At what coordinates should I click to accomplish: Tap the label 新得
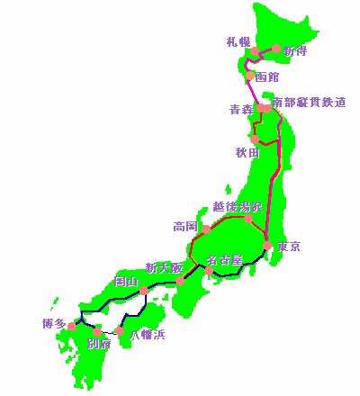(295, 50)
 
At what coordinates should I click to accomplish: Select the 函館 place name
(267, 77)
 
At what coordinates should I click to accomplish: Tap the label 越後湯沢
(238, 206)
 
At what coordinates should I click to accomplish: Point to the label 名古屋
(224, 261)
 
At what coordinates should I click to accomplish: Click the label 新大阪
(164, 268)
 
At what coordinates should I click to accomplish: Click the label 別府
(98, 343)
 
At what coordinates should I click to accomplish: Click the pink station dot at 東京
(267, 244)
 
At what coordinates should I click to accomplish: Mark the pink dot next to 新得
(275, 49)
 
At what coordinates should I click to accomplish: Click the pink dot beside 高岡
(206, 229)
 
